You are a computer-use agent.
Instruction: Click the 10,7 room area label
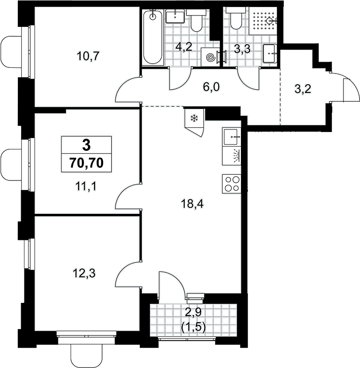coord(88,57)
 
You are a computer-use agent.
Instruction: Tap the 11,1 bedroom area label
coord(86,187)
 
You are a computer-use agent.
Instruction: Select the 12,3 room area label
coord(84,273)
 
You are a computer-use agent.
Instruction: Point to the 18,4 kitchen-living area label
coord(192,204)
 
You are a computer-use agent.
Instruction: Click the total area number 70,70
coord(86,163)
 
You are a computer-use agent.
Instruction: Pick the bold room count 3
coord(86,145)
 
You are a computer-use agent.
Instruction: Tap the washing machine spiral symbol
coord(210,57)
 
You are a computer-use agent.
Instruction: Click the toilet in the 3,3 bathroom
coord(236,18)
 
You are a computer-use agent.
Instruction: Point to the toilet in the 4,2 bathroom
coord(196,21)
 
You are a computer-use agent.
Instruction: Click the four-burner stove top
coord(232,184)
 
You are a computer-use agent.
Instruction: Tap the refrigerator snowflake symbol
coord(194,118)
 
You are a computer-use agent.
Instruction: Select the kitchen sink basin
coord(232,137)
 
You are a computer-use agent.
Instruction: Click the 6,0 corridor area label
coord(211,87)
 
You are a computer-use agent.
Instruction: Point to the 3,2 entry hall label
coord(303,89)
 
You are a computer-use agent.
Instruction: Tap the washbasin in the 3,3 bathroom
coord(270,54)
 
